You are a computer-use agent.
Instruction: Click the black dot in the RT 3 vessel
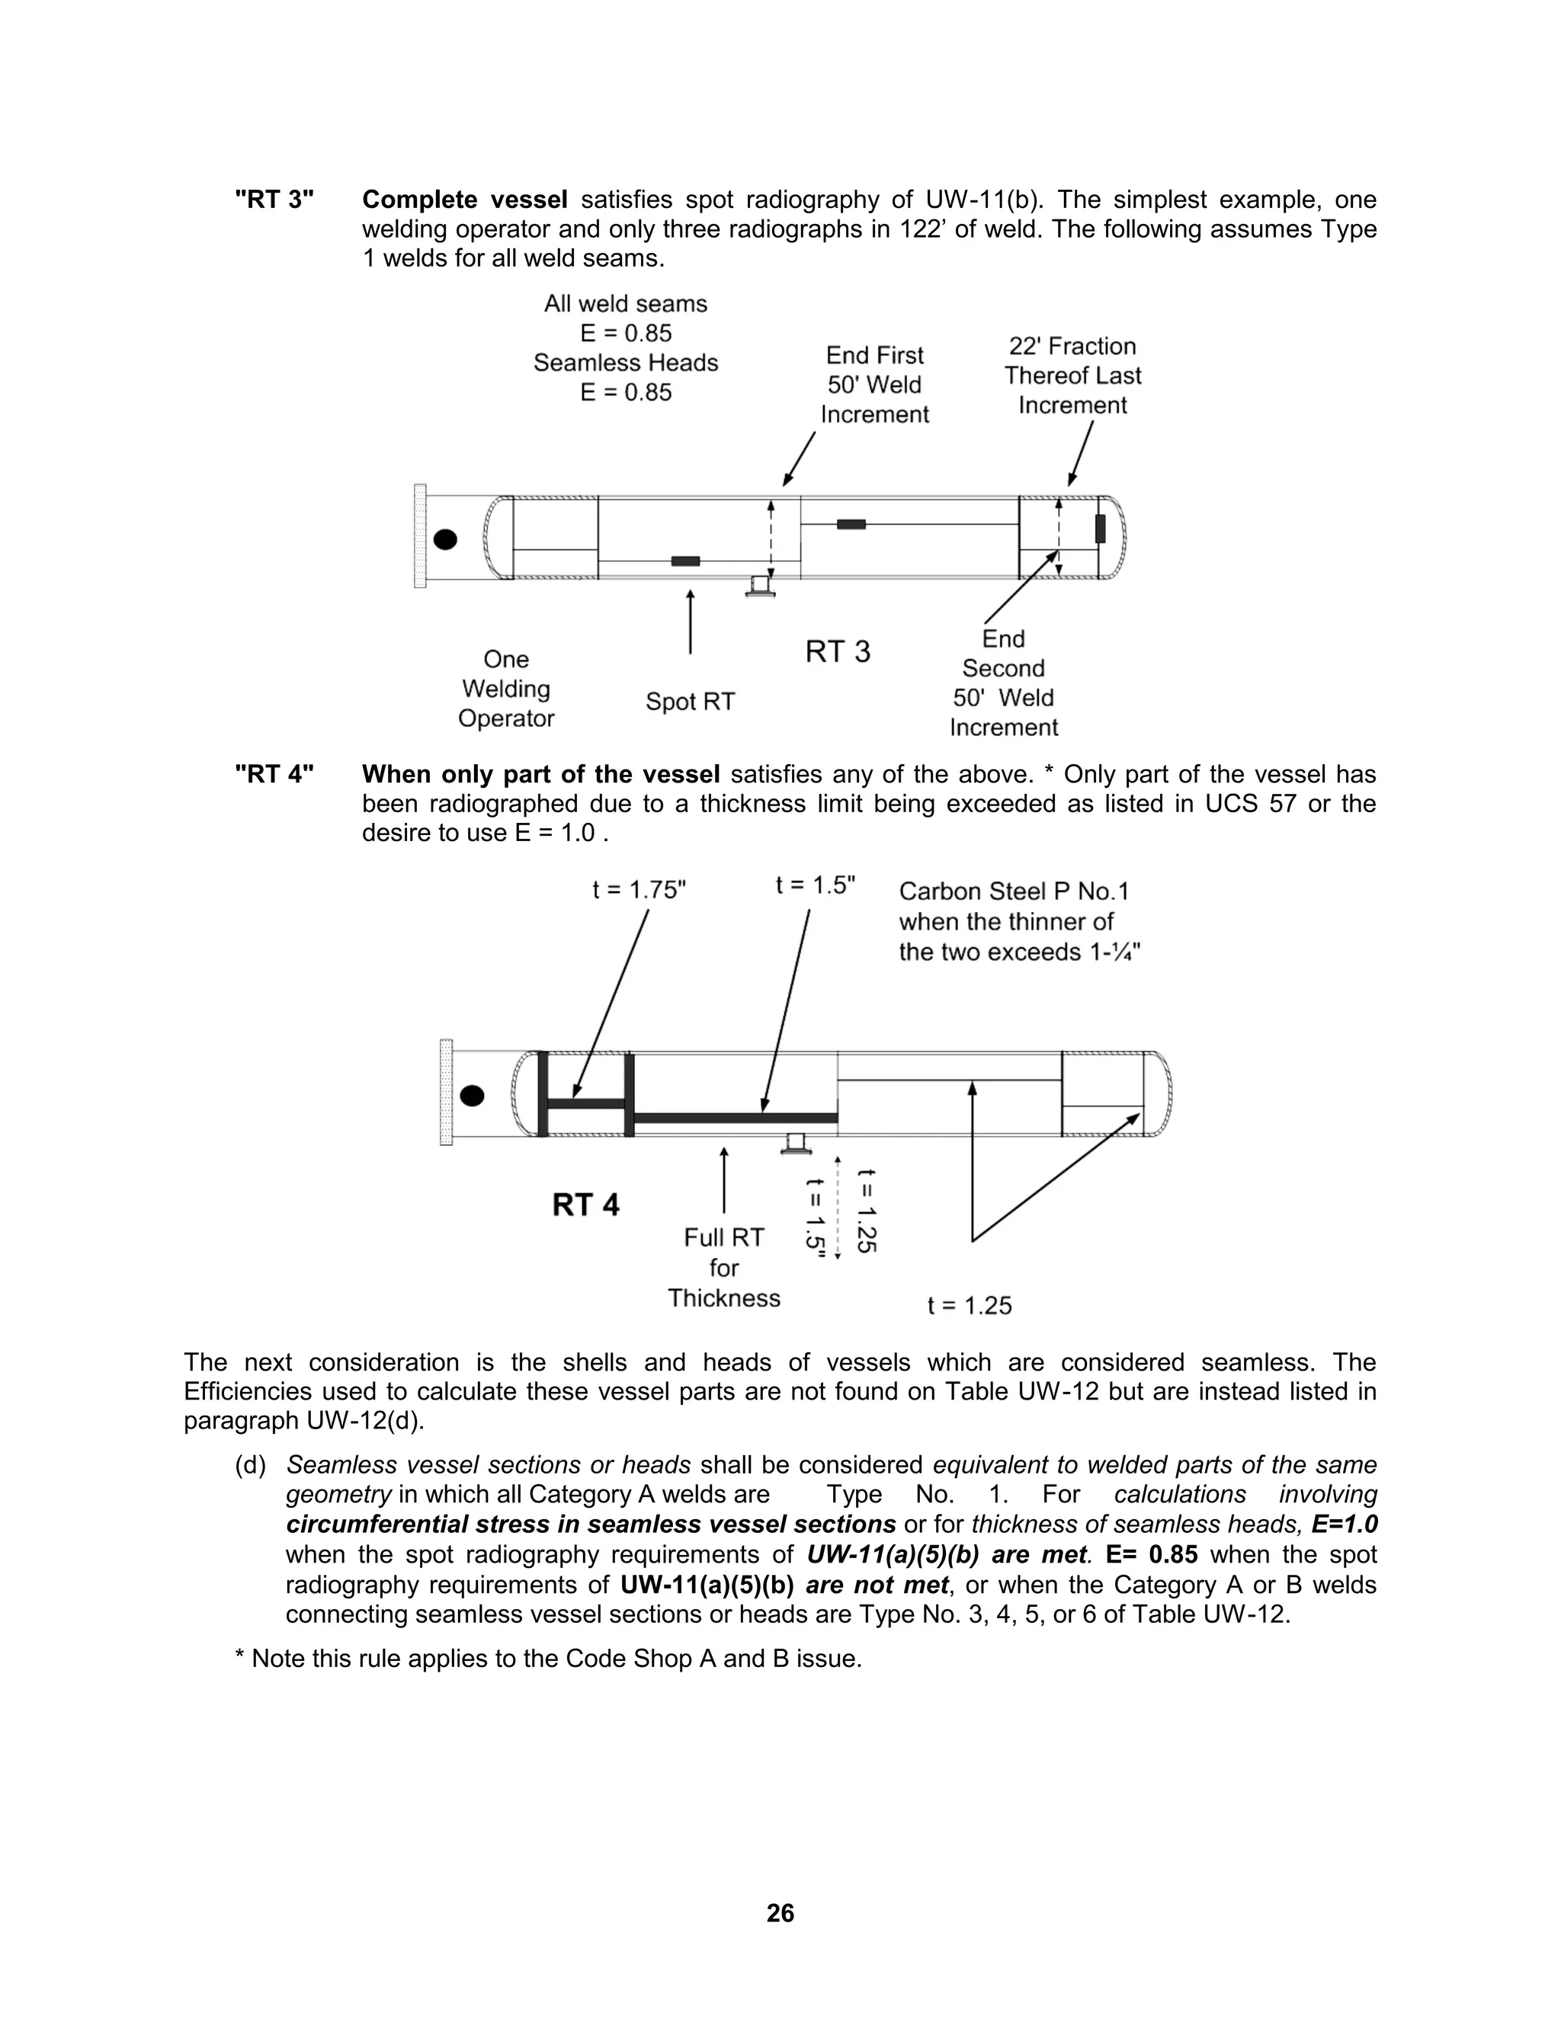tap(446, 539)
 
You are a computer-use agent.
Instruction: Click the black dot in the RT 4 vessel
tap(472, 1096)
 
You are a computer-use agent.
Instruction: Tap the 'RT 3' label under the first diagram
tap(838, 651)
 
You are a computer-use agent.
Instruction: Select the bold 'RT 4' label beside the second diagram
tap(585, 1205)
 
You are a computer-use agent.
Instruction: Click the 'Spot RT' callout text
tap(690, 702)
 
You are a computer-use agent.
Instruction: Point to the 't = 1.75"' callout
tap(639, 889)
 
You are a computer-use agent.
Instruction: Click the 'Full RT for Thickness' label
tap(724, 1268)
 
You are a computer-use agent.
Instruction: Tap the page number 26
tap(780, 1912)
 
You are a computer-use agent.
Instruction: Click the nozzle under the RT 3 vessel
tap(760, 586)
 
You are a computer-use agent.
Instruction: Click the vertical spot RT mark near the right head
tap(1100, 529)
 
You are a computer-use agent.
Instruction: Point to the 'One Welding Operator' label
tap(506, 689)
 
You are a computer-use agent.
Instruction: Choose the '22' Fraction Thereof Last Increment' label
tap(1072, 376)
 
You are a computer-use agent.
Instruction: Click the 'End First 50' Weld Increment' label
tap(875, 385)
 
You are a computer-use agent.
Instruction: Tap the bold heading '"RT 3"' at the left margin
tap(274, 200)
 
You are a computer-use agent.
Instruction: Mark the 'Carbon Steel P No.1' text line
tap(1014, 891)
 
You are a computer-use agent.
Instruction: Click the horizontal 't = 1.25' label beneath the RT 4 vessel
tap(970, 1305)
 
